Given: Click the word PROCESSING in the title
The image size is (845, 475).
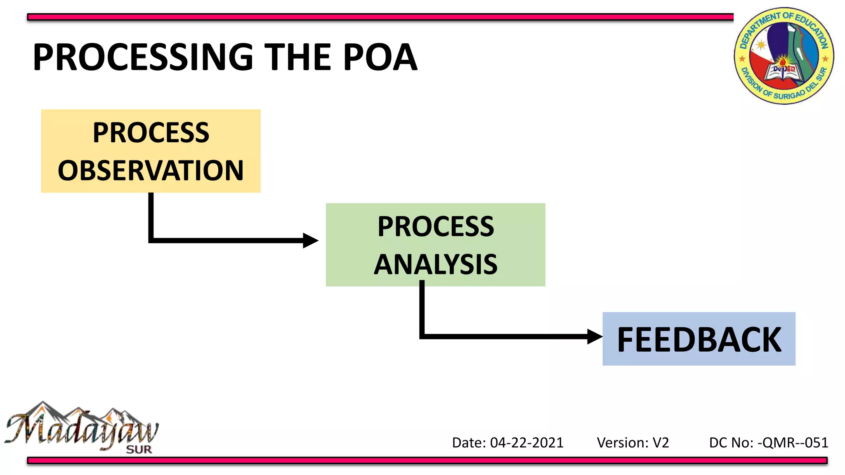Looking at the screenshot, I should [143, 57].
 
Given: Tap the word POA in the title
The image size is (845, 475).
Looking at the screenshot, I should [380, 57].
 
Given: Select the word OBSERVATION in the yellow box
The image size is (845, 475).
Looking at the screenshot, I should [151, 171].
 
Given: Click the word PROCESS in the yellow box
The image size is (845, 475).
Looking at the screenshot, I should [151, 133].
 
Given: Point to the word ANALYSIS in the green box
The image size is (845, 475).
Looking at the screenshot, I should [436, 264].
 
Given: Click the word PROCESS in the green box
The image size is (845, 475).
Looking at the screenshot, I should [436, 227].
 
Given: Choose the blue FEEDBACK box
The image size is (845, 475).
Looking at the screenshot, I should [699, 339].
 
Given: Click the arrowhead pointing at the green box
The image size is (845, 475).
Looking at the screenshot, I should [310, 240].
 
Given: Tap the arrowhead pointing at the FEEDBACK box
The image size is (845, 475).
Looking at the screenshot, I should [595, 336].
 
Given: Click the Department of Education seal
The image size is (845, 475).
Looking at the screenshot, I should [784, 56].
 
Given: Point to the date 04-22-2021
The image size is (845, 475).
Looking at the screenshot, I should [526, 443].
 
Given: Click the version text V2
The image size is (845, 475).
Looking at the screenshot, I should [661, 443].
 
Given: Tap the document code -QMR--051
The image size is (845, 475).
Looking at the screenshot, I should [793, 443].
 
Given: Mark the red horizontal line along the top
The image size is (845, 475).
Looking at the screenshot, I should [380, 17].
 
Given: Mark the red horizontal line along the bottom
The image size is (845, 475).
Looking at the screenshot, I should [427, 460].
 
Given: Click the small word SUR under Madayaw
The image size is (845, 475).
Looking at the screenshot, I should [139, 449].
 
